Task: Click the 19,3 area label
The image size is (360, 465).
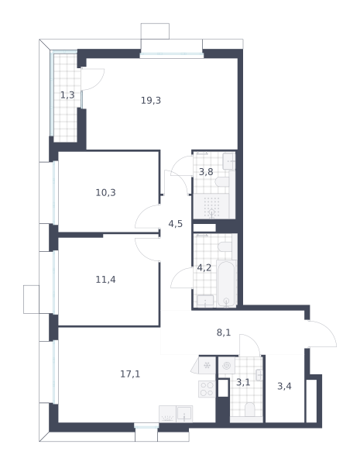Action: pyautogui.click(x=151, y=101)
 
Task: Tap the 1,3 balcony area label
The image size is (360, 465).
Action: pyautogui.click(x=67, y=95)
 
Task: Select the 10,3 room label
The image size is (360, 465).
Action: pyautogui.click(x=105, y=193)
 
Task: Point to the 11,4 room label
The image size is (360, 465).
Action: pyautogui.click(x=105, y=280)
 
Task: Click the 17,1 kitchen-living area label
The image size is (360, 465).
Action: pyautogui.click(x=130, y=374)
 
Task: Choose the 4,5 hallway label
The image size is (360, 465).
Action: pyautogui.click(x=176, y=224)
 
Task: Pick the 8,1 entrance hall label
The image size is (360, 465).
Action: pyautogui.click(x=224, y=332)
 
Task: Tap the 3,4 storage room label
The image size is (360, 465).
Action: pyautogui.click(x=284, y=387)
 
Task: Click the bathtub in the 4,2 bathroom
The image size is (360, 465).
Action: pyautogui.click(x=226, y=284)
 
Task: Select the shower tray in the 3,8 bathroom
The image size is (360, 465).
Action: pyautogui.click(x=211, y=206)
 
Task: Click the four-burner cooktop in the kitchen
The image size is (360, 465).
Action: pyautogui.click(x=207, y=389)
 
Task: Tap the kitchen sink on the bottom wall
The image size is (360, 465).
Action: pyautogui.click(x=184, y=414)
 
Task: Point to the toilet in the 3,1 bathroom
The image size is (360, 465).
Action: pyautogui.click(x=250, y=409)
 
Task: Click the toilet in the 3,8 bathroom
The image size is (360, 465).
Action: pyautogui.click(x=222, y=181)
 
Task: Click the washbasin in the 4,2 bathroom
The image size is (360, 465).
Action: pyautogui.click(x=205, y=301)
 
